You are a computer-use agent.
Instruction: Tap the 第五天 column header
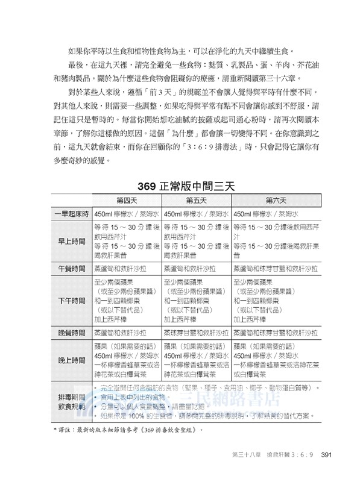(196, 200)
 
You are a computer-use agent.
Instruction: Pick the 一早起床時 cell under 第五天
(196, 214)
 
